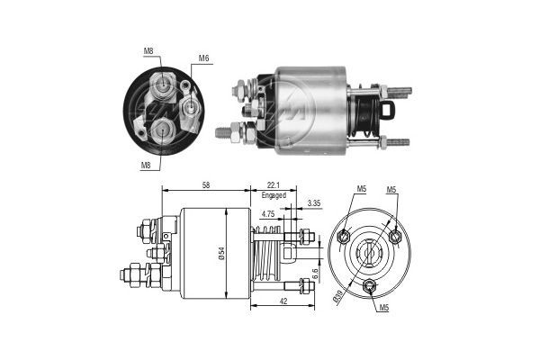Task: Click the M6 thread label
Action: pos(203,59)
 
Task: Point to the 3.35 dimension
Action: pos(312,204)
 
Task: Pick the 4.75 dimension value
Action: pos(268,214)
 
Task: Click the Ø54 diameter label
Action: pos(220,254)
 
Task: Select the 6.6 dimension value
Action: pos(314,271)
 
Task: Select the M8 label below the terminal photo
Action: pos(145,165)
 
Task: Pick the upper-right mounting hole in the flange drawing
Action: pos(395,237)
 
